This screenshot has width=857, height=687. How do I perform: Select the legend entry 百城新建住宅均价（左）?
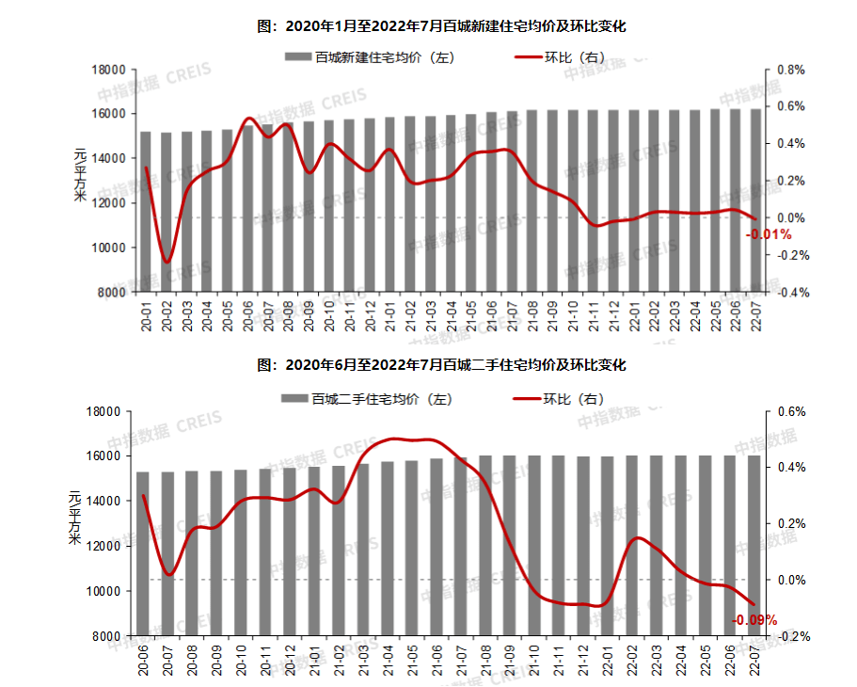pyautogui.click(x=371, y=57)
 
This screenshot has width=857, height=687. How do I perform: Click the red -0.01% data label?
pyautogui.click(x=769, y=234)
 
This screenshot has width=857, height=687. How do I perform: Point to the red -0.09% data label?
pyautogui.click(x=754, y=620)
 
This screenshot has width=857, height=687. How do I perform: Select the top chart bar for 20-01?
pyautogui.click(x=146, y=212)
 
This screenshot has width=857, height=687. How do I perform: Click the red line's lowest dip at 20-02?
pyautogui.click(x=167, y=262)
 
